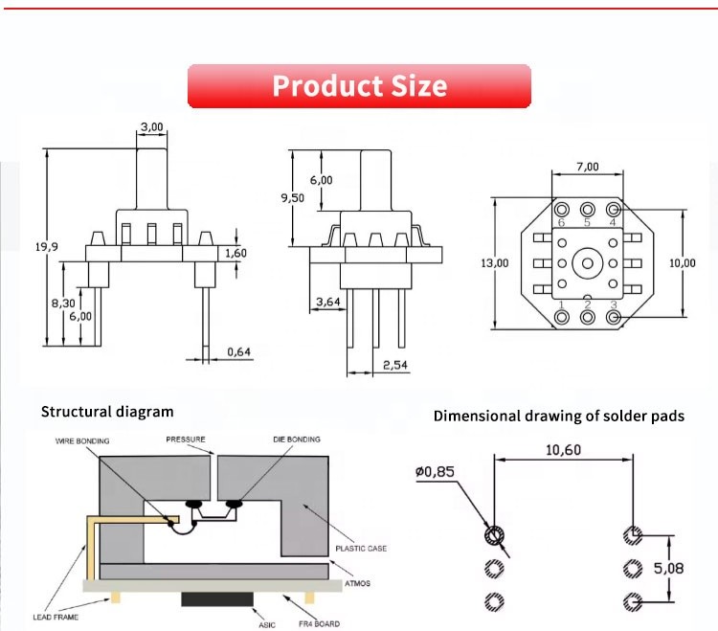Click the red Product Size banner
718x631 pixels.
(x=359, y=85)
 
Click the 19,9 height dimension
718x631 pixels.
(x=48, y=247)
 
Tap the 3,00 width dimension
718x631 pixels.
(x=151, y=127)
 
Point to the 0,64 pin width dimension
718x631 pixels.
(x=240, y=352)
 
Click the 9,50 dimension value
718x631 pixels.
(x=292, y=197)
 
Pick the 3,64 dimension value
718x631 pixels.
(x=327, y=303)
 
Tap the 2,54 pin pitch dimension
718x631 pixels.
(x=395, y=365)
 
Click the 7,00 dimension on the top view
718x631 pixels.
(x=587, y=167)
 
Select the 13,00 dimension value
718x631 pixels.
(x=495, y=262)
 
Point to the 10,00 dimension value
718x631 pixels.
(x=684, y=262)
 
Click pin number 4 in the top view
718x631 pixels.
(x=612, y=223)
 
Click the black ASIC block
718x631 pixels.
(x=216, y=599)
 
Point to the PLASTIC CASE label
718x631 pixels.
(x=361, y=549)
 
